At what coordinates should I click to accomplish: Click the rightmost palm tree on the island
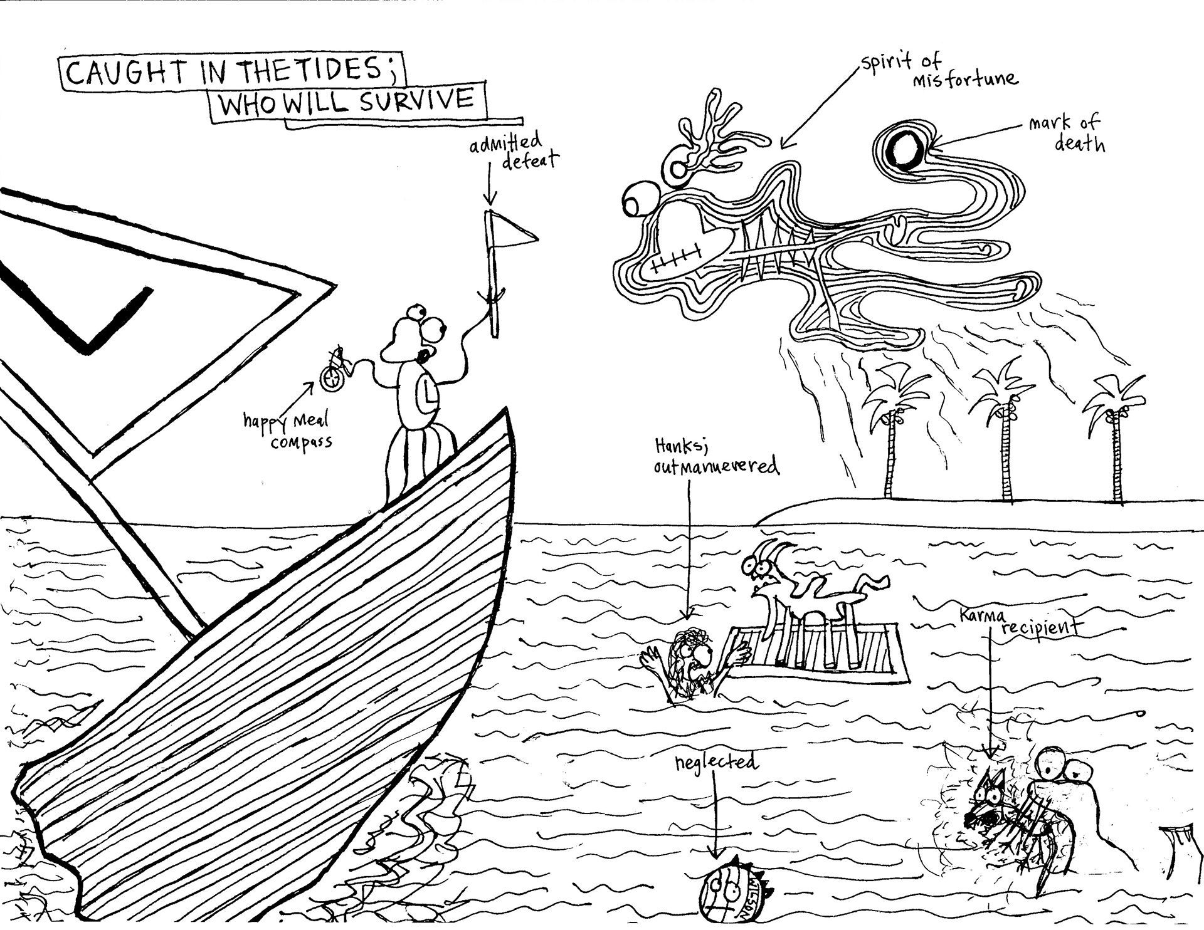pyautogui.click(x=1117, y=439)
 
